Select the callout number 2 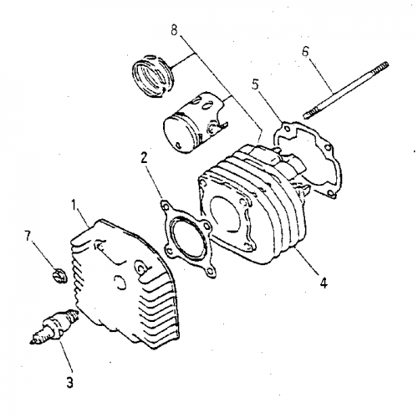[x=145, y=156]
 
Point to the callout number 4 [x=323, y=282]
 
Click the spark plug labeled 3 [x=54, y=327]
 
